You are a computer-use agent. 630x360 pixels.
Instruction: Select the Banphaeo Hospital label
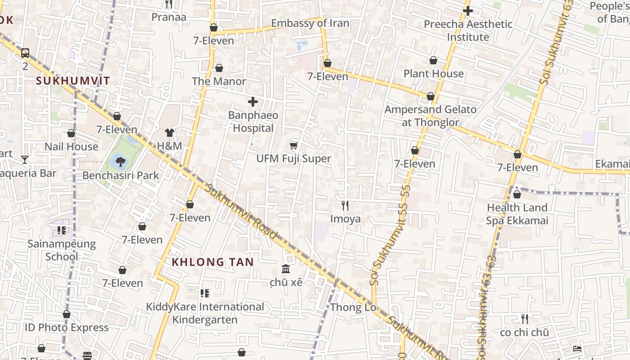(x=253, y=121)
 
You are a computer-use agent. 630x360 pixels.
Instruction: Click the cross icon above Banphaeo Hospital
(x=253, y=102)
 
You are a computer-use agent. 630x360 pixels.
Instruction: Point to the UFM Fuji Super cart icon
(x=294, y=145)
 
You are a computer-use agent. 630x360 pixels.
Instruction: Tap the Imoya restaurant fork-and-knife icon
(x=345, y=206)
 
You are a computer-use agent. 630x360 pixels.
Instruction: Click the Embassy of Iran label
(x=310, y=23)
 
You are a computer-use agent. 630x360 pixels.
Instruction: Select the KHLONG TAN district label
(x=213, y=262)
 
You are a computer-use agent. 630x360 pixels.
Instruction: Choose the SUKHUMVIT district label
(x=72, y=81)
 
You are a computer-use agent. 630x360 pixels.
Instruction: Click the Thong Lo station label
(x=353, y=308)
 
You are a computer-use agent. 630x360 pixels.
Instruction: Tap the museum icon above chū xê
(x=286, y=269)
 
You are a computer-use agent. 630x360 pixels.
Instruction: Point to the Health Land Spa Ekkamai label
(x=517, y=214)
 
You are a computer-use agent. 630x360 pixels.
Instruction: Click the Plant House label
(x=433, y=73)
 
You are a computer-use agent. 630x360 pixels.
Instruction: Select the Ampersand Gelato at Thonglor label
(x=430, y=116)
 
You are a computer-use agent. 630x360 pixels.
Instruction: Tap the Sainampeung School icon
(x=62, y=231)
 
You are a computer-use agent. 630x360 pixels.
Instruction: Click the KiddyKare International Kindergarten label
(x=205, y=313)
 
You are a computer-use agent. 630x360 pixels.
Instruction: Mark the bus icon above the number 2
(x=25, y=53)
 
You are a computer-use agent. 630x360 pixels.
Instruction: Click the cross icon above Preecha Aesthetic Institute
(x=468, y=10)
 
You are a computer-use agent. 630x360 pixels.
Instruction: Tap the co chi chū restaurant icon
(x=524, y=319)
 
